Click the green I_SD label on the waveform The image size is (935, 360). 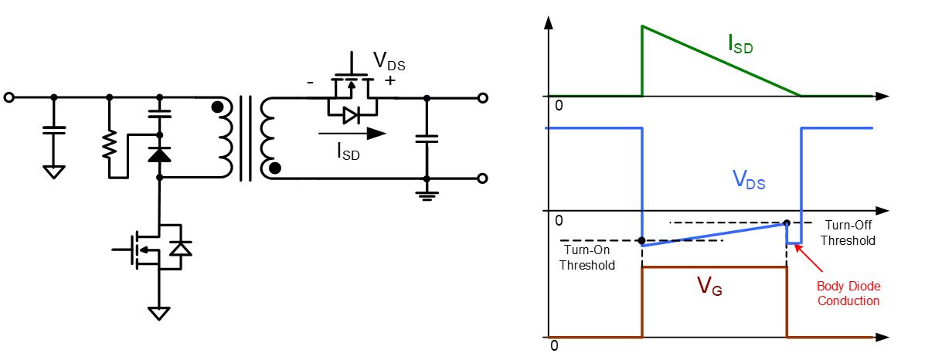(739, 44)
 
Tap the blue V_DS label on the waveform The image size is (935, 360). (750, 180)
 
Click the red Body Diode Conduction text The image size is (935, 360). (848, 294)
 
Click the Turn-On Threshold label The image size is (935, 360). (589, 259)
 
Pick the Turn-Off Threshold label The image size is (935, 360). (848, 233)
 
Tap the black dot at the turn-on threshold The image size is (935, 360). (642, 240)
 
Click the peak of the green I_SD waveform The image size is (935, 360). (642, 26)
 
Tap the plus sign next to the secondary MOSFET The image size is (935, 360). (389, 80)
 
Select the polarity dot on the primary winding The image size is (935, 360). (221, 109)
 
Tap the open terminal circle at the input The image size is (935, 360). (8, 98)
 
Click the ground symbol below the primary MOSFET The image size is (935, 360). (159, 312)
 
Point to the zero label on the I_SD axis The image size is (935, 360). (559, 105)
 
